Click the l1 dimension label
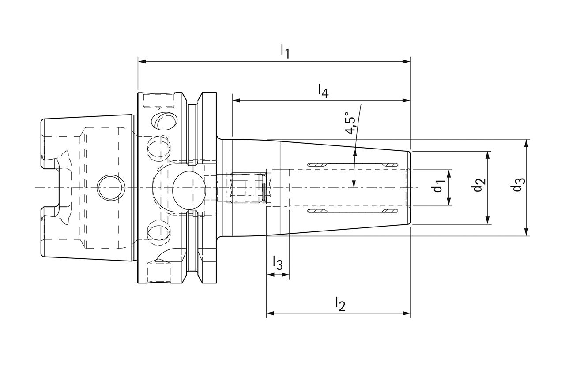285,51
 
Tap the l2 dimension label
340,304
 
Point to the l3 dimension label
278,263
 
